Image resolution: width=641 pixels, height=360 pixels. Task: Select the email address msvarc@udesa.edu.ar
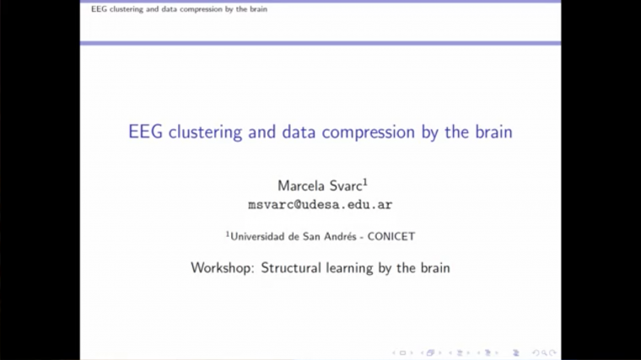tap(320, 205)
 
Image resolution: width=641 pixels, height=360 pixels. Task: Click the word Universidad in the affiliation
tap(259, 237)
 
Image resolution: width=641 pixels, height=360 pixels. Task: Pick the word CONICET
tap(391, 237)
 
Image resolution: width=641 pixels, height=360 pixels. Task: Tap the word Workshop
tap(222, 268)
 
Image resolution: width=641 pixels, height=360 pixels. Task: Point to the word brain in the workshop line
tap(434, 268)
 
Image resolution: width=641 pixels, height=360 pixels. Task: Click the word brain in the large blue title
tap(492, 132)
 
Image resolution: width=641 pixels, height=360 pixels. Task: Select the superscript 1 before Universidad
tap(228, 234)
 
